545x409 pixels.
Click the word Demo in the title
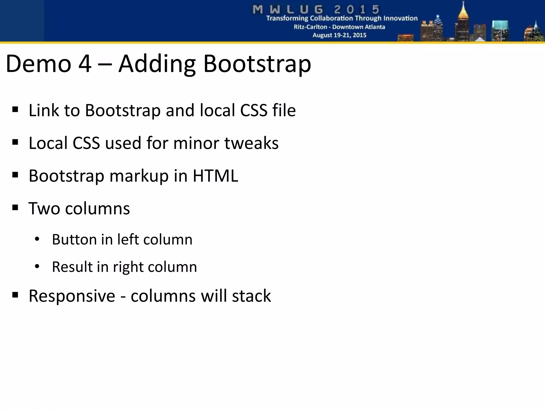coord(38,64)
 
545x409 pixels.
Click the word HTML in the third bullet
coord(215,176)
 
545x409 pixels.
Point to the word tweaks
coord(251,143)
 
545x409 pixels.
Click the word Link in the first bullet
coord(44,110)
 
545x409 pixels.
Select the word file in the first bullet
coord(284,110)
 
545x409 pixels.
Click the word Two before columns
coord(44,208)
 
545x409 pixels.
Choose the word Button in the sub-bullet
coord(74,239)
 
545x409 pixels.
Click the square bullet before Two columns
coord(15,207)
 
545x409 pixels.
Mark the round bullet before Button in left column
coord(37,239)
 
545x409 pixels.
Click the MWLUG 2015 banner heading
coord(316,10)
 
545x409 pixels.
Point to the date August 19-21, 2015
coord(339,35)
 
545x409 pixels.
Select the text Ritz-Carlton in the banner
coord(310,27)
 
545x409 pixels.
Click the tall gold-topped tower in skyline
coord(463,21)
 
